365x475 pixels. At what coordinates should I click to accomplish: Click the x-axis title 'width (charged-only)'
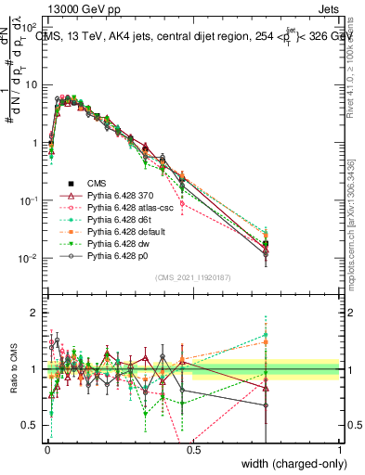[288, 463]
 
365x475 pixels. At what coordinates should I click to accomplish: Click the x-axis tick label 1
[339, 450]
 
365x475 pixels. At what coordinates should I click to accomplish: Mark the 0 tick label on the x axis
[46, 450]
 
